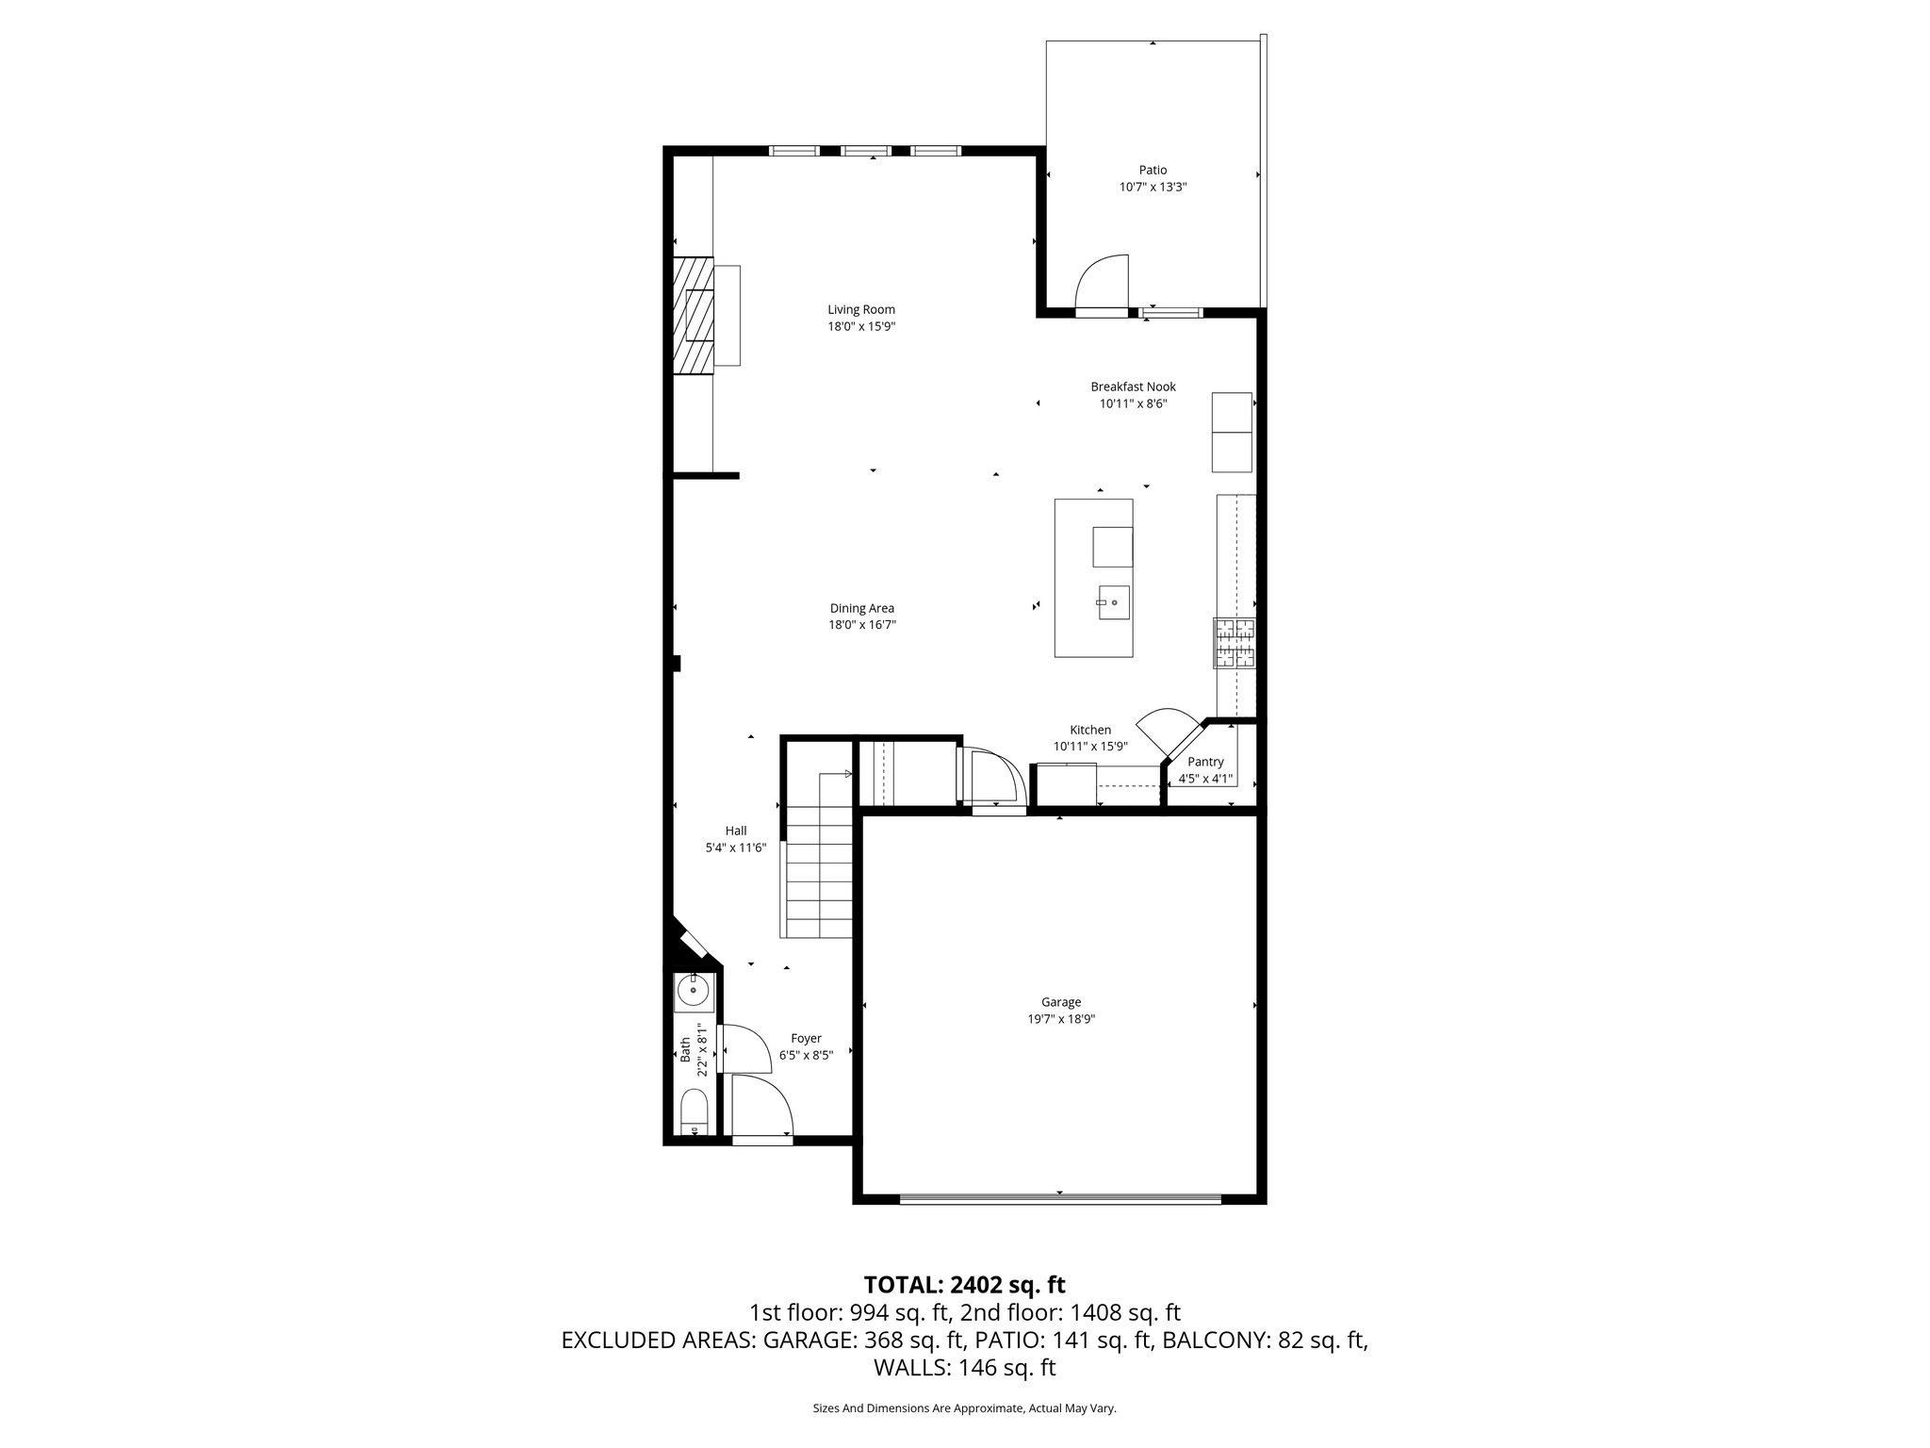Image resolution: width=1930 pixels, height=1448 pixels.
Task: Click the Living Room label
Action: pos(861,309)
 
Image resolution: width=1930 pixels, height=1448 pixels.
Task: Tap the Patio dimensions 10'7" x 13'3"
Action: pos(1153,188)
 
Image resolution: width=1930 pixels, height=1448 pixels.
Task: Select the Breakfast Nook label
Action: pos(1133,387)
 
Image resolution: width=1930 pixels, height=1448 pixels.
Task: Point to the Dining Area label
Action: pos(861,608)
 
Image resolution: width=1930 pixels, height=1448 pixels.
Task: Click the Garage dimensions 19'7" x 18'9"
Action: pos(1061,1019)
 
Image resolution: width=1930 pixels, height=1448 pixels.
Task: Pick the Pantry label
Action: pos(1205,762)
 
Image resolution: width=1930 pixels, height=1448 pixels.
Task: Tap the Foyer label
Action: pos(806,1038)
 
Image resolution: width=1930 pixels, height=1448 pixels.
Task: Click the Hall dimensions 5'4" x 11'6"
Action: pos(736,847)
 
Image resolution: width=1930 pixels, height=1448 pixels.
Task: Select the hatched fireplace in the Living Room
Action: pos(693,315)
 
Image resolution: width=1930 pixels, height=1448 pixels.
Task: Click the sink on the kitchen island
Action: pos(1113,601)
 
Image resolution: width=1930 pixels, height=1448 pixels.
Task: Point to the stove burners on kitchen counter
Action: pos(1235,643)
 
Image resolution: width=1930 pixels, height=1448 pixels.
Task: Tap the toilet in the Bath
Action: pos(693,1112)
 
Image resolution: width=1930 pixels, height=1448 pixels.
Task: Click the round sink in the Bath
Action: pos(694,993)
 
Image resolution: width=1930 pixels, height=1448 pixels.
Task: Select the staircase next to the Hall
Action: pos(818,867)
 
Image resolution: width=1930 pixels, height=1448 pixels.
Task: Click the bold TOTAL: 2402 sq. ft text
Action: pos(964,1284)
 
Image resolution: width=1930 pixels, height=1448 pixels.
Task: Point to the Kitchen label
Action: pos(1090,730)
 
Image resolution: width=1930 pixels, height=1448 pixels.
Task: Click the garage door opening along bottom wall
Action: pos(1060,1199)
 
